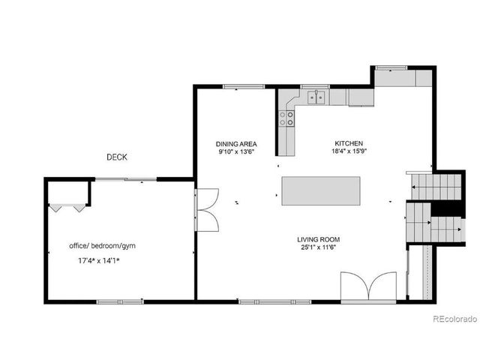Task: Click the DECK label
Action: click(116, 157)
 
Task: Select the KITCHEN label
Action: click(349, 142)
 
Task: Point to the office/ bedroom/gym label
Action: click(102, 246)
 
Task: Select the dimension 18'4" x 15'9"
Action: click(349, 151)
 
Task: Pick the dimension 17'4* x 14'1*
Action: click(99, 261)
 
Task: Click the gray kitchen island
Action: click(320, 190)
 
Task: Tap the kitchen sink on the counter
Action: click(316, 96)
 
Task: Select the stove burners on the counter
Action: click(286, 117)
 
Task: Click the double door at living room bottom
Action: click(368, 287)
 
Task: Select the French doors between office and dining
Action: click(205, 209)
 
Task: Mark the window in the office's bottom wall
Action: click(120, 301)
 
